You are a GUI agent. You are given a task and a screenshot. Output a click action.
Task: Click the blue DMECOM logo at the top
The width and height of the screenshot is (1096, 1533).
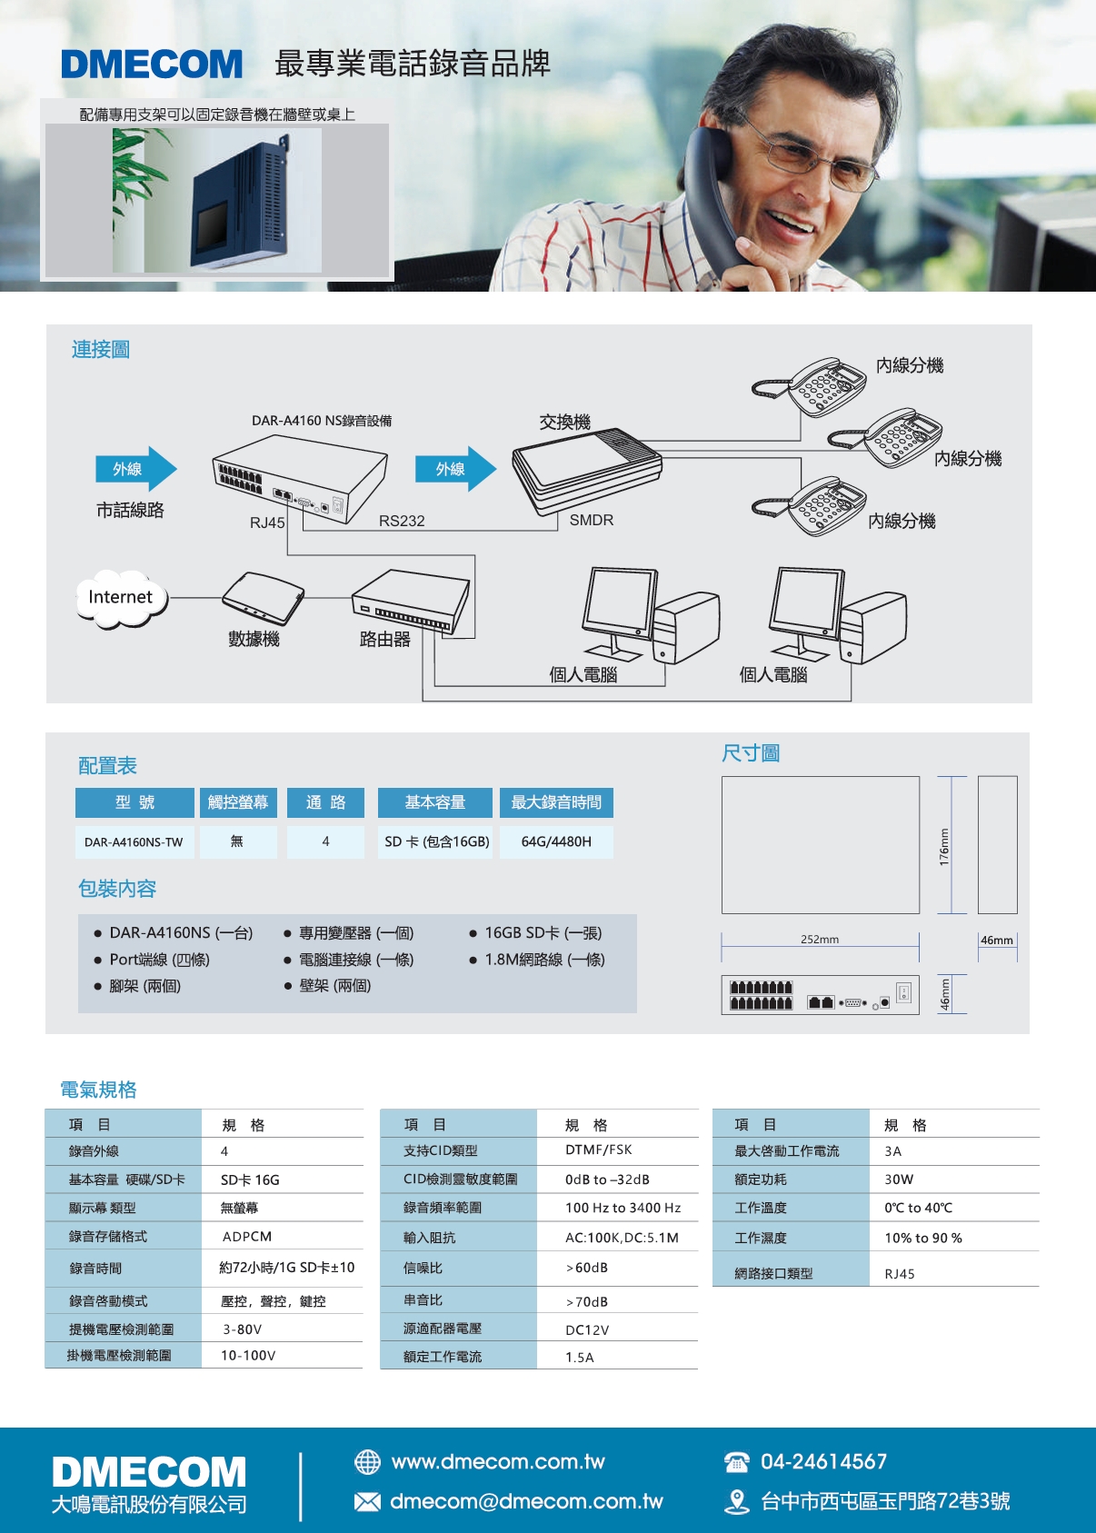coord(151,64)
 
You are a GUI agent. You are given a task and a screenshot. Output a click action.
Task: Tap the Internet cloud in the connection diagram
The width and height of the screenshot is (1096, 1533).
coord(121,598)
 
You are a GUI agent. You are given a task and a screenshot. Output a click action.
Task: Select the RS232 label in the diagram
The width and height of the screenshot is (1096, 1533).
coord(402,521)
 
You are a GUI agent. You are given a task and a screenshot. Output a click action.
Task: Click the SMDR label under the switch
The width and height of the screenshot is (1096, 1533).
coord(592,520)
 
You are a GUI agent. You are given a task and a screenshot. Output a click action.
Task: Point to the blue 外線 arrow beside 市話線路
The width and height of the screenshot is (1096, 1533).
coord(135,469)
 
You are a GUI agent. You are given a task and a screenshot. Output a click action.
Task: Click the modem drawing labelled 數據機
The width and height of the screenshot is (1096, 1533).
coord(263,598)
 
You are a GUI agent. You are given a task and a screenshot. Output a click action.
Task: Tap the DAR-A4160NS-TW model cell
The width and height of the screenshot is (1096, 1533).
coord(135,841)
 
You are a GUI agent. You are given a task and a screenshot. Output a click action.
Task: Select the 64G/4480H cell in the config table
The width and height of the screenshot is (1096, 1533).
coord(556,841)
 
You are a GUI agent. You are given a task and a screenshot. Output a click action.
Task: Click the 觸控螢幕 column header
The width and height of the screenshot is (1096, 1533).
coord(238,802)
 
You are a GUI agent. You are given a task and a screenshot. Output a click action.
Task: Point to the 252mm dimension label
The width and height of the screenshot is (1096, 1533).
coord(820,939)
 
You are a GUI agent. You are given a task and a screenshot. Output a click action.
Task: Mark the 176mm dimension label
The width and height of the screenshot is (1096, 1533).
coord(945,847)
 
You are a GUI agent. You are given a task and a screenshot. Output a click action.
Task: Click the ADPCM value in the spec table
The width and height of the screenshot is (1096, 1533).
coord(247,1237)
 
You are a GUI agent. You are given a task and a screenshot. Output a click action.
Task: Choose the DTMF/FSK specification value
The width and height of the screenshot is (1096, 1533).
coord(599,1150)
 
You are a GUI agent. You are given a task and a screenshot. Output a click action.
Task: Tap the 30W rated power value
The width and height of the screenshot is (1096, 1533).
coord(899,1180)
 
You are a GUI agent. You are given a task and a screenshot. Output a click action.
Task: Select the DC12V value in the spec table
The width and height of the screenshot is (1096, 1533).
coord(587,1329)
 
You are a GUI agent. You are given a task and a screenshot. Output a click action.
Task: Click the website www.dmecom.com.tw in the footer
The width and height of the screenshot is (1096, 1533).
coord(498,1461)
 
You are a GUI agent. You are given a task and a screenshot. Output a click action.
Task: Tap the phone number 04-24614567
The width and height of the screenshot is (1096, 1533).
coord(823,1461)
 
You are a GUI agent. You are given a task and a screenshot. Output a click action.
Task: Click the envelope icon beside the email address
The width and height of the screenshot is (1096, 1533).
coord(368,1501)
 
